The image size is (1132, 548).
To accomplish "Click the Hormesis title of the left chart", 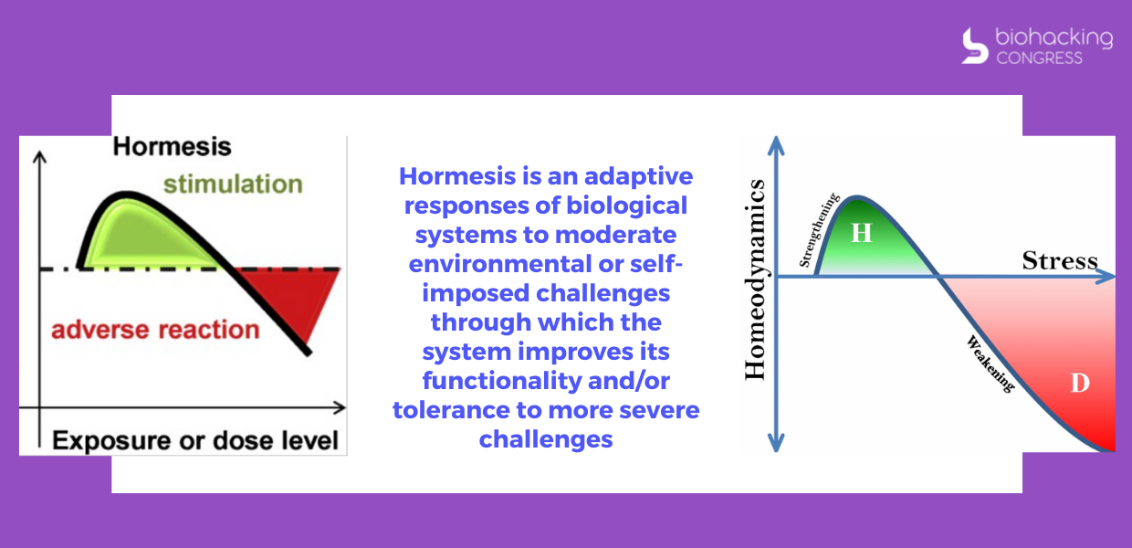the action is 172,147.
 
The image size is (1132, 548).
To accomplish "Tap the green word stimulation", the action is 233,184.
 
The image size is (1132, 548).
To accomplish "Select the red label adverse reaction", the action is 155,330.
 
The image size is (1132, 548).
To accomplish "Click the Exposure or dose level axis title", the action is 195,440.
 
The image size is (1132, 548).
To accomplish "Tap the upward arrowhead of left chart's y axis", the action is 39,157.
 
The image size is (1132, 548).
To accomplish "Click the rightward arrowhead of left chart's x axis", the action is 340,407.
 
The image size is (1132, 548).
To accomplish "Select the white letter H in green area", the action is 862,233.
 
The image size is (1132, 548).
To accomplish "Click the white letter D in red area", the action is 1080,383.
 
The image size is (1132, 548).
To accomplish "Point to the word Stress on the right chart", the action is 1060,261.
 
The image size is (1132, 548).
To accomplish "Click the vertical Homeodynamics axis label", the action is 756,279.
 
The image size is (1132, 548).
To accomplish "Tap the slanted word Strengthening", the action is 818,230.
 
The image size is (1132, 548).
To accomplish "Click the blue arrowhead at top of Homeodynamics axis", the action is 776,145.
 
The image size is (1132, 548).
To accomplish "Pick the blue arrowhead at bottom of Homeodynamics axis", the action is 776,443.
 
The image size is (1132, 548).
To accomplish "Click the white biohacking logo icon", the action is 975,46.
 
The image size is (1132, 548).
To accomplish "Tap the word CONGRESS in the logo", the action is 1040,58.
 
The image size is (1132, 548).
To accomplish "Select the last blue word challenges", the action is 546,439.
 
